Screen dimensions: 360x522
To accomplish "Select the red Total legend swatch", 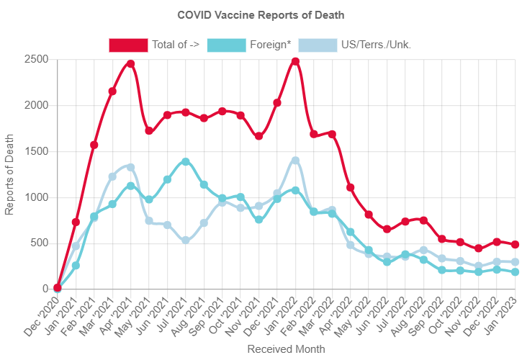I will pyautogui.click(x=128, y=45).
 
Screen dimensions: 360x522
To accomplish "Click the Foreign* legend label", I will pyautogui.click(x=270, y=45).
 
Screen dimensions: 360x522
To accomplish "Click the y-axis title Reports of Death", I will pyautogui.click(x=9, y=174).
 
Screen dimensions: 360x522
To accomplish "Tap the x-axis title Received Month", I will pyautogui.click(x=286, y=348).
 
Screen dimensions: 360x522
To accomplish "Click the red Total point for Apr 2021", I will pyautogui.click(x=130, y=63).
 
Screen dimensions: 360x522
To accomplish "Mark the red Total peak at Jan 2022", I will pyautogui.click(x=295, y=61).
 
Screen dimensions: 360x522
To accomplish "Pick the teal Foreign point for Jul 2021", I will pyautogui.click(x=186, y=161).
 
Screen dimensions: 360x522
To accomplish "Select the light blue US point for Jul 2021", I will pyautogui.click(x=186, y=240).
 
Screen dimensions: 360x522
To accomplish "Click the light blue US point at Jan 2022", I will pyautogui.click(x=295, y=160).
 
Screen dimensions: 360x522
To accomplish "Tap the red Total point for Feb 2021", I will pyautogui.click(x=94, y=145).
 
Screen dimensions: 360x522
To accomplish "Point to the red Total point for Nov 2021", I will pyautogui.click(x=258, y=136).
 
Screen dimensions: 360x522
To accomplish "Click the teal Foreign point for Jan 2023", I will pyautogui.click(x=515, y=271).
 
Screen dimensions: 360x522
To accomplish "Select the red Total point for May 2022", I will pyautogui.click(x=369, y=215).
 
